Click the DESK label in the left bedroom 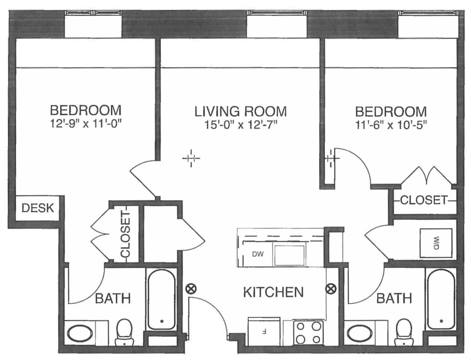(37, 208)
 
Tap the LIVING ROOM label (240, 111)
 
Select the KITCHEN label (273, 292)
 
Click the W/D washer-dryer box (436, 243)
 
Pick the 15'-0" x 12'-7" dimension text (240, 124)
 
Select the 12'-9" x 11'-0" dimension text (86, 123)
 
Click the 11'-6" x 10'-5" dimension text (391, 123)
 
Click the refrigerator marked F (264, 332)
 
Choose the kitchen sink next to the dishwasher (289, 255)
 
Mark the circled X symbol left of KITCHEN (190, 289)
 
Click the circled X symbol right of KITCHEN (330, 289)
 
